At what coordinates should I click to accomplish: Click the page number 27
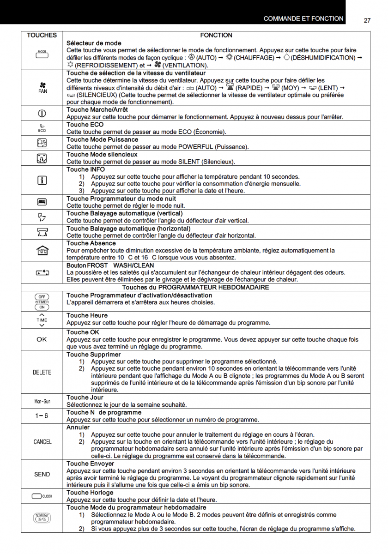click(x=367, y=20)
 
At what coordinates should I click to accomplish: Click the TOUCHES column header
click(x=42, y=35)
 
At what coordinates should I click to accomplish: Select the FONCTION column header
click(x=216, y=35)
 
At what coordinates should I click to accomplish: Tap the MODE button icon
click(x=42, y=54)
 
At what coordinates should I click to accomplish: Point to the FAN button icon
click(x=42, y=87)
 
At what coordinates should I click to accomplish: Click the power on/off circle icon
click(x=42, y=114)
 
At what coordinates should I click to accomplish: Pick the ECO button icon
click(x=42, y=128)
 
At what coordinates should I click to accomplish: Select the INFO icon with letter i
click(x=42, y=181)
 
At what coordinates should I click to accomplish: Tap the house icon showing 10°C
click(x=42, y=250)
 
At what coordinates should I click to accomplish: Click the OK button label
click(x=42, y=339)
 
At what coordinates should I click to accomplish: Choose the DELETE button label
click(x=42, y=373)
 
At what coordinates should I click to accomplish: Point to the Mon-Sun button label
click(x=42, y=401)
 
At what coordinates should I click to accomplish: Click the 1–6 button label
click(x=42, y=416)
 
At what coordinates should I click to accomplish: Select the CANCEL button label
click(x=42, y=442)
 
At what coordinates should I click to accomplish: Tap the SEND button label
click(x=42, y=474)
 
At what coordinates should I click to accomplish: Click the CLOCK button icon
click(x=42, y=496)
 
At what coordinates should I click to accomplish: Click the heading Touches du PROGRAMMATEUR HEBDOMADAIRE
click(x=195, y=287)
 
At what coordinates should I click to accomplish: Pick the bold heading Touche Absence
click(x=91, y=243)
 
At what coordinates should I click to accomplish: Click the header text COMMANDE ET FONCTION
click(x=303, y=19)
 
